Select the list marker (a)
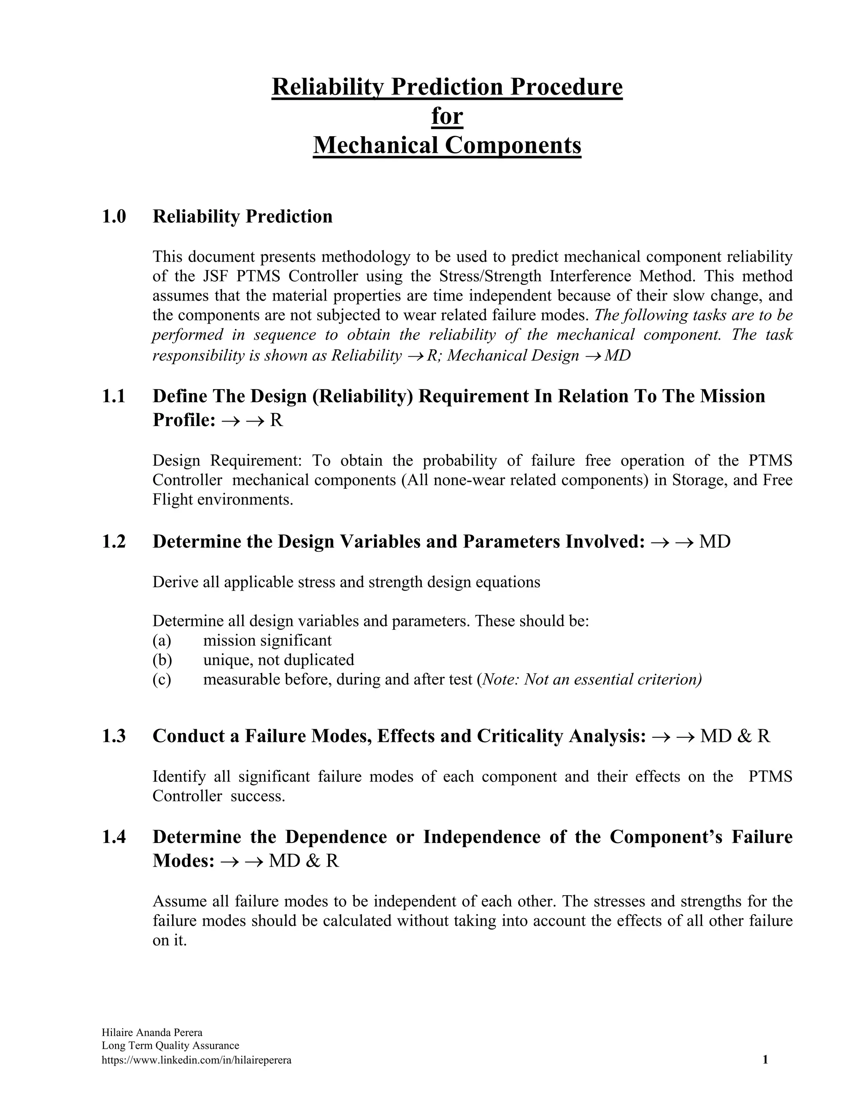pos(162,640)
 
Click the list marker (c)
pos(162,680)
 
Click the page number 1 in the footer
pos(765,1060)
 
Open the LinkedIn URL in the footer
pos(197,1060)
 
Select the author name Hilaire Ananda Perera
pos(152,1032)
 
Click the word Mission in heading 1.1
pos(732,396)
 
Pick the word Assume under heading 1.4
pos(178,901)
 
